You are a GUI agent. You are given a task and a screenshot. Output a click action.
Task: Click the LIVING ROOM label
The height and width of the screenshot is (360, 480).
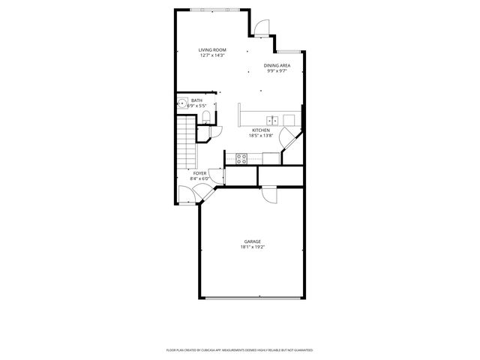212,49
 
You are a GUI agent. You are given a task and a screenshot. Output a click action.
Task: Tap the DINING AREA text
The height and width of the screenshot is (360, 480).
277,65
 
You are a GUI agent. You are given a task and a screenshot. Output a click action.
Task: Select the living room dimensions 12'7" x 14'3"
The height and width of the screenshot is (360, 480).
212,55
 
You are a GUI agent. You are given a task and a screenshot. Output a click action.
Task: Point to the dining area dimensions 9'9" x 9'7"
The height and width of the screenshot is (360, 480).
277,71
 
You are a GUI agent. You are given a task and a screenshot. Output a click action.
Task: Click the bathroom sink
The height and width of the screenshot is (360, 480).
181,104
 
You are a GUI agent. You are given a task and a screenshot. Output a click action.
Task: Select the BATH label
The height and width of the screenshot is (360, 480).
196,100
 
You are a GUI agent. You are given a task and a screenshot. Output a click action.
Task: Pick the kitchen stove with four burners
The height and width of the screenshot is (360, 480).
242,157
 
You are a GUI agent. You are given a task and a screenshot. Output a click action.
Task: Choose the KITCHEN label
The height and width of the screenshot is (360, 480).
260,130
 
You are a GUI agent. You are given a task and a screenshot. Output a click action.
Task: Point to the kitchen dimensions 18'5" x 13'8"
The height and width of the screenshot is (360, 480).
260,136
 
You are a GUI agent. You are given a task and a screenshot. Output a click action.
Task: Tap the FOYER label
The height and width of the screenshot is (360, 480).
199,172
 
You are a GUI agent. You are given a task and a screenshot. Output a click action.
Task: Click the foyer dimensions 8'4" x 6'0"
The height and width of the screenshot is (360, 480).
199,178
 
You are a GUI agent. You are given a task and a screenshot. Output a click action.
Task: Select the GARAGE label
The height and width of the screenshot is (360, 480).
252,241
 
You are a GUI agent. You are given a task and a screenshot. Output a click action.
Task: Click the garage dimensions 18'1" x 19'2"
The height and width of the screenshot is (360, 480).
252,247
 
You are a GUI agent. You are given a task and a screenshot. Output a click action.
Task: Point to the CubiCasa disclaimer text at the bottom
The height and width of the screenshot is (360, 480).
239,349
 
